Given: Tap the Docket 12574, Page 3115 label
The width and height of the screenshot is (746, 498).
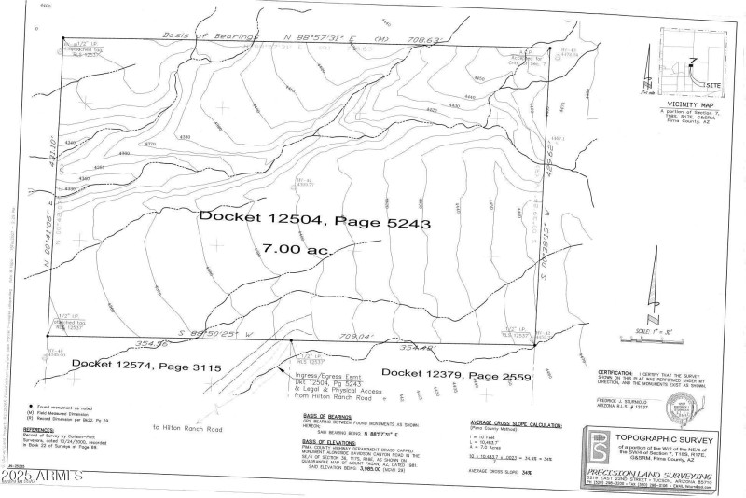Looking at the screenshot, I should (x=145, y=367).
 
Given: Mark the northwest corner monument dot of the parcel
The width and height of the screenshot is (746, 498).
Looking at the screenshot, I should (x=63, y=40).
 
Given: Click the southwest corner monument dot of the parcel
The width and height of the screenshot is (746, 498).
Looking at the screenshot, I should (x=47, y=336).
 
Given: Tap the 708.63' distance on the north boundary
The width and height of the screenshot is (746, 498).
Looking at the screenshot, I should (x=422, y=39).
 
